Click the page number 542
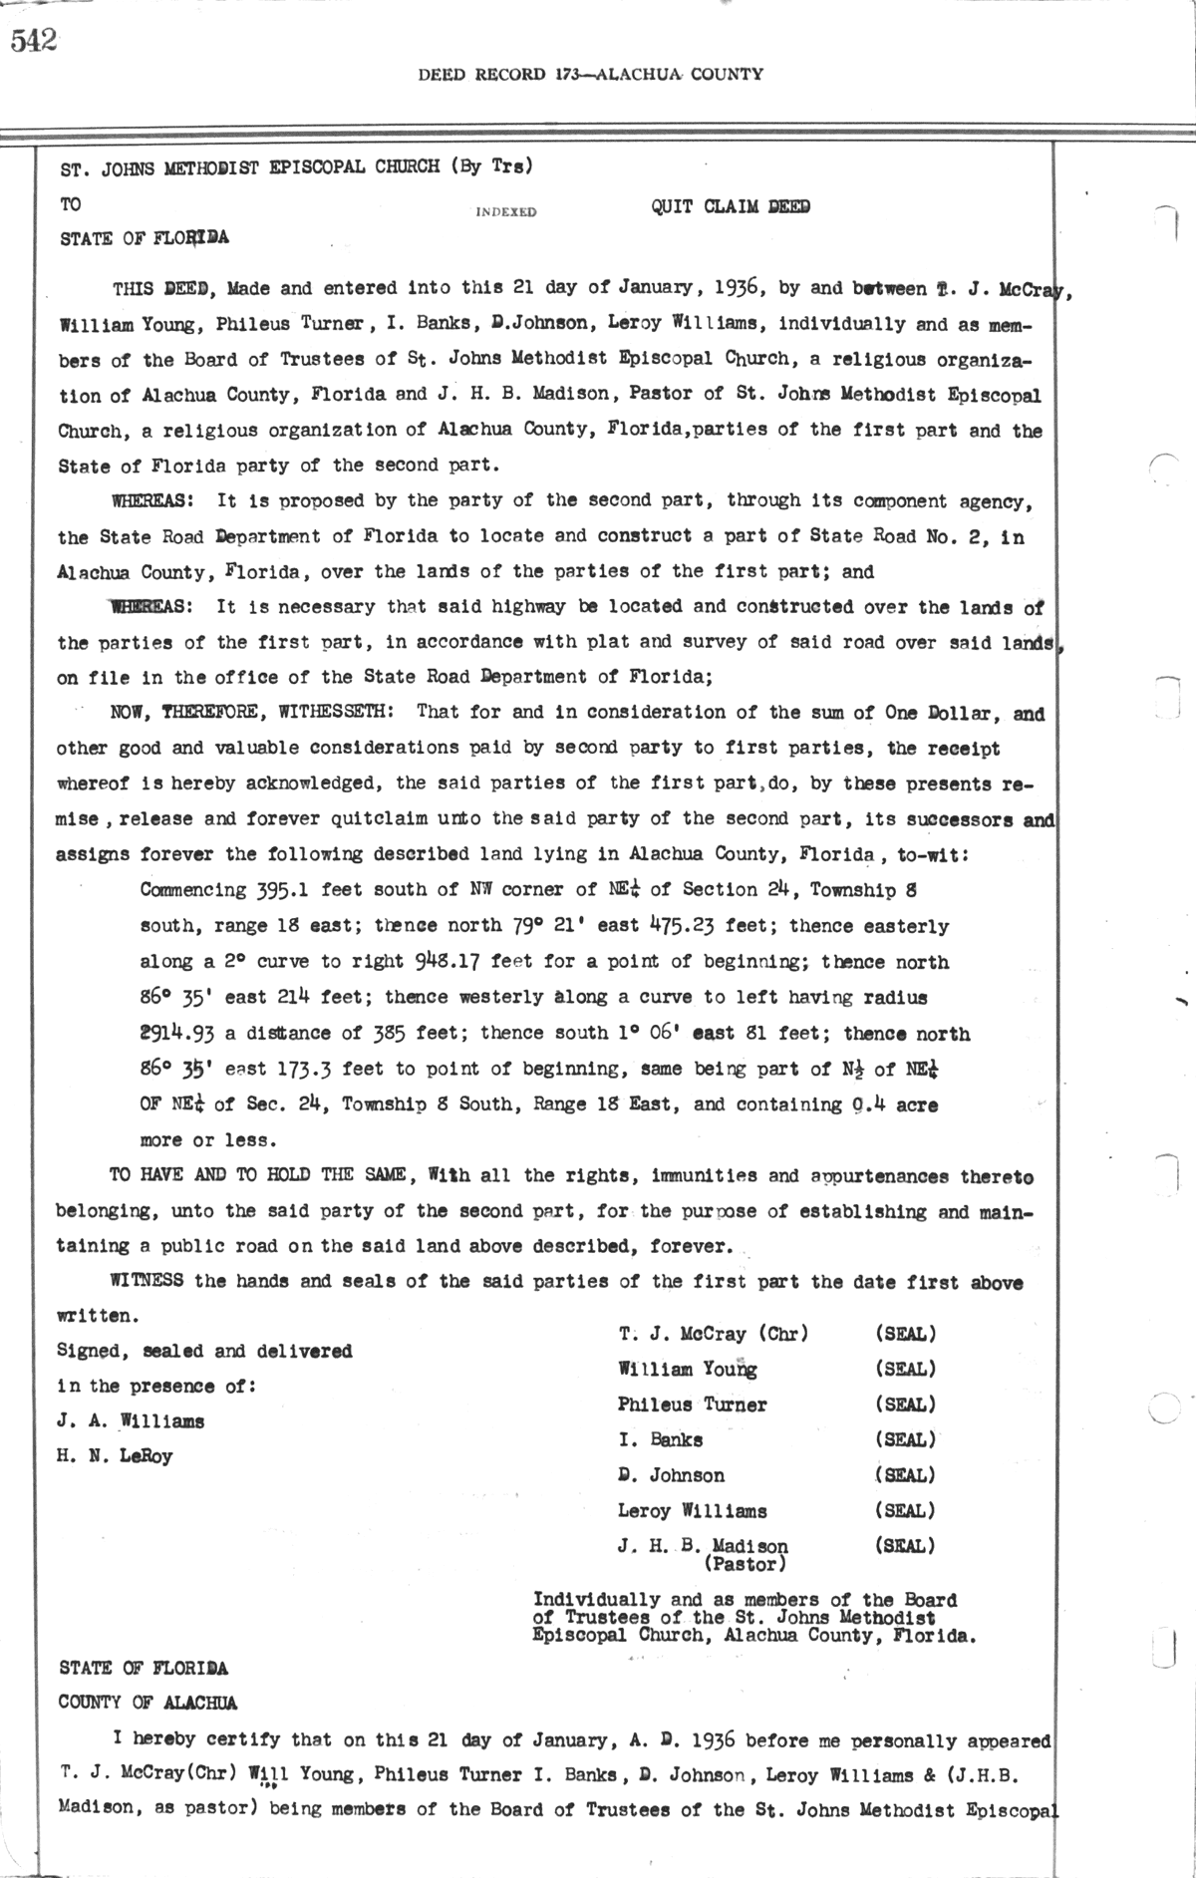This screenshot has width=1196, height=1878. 34,42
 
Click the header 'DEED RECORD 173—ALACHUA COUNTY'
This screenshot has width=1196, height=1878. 591,74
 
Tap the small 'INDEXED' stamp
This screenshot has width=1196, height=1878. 506,212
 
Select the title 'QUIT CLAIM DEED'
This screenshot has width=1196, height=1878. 730,207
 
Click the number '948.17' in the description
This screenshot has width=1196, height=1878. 447,962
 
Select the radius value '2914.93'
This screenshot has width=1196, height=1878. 179,1034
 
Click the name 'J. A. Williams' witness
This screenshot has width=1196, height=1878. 131,1421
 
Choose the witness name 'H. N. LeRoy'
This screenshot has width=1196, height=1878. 116,1456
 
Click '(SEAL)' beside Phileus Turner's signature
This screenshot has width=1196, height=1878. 905,1405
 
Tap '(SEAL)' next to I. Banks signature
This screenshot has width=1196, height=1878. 905,1439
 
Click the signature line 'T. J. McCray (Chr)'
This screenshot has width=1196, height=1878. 713,1334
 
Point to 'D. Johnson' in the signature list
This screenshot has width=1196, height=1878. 671,1475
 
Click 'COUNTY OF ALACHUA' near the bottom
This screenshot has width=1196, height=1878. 148,1703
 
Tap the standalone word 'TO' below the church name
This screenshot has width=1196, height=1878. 71,204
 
